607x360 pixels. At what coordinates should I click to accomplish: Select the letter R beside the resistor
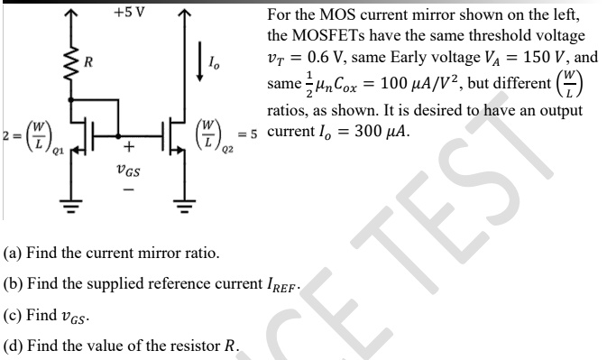[88, 63]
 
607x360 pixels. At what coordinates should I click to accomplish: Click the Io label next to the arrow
[213, 64]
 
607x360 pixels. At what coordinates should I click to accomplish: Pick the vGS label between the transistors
[127, 171]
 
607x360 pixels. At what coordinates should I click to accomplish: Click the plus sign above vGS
[128, 146]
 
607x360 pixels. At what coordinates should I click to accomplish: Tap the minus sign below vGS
[127, 191]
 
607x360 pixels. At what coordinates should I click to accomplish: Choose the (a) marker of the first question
[14, 254]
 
